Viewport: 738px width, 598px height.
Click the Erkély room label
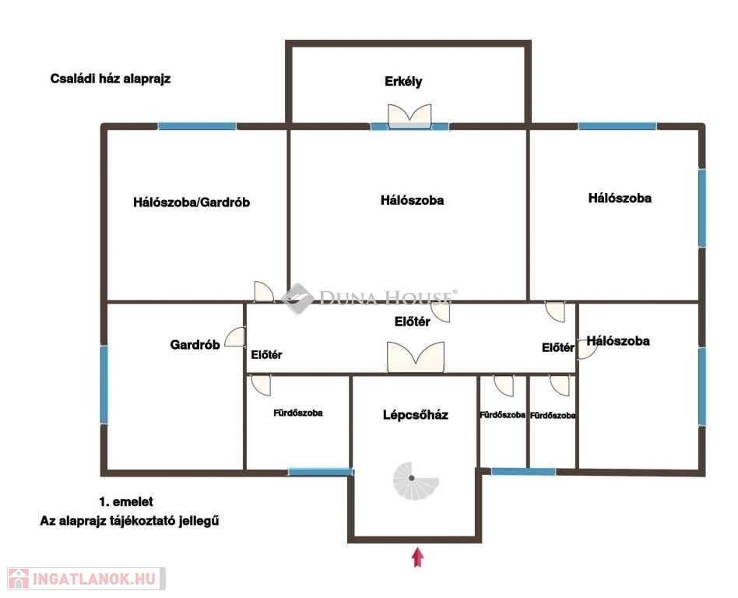[x=403, y=82]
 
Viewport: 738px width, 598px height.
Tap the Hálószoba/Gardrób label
[x=191, y=202]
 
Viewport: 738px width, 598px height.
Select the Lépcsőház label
[x=415, y=415]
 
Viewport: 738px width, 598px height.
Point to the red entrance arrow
[x=417, y=557]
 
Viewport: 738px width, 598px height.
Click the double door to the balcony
[x=409, y=116]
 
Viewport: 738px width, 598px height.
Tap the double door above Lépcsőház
[x=416, y=357]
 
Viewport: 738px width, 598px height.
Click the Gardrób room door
[x=235, y=337]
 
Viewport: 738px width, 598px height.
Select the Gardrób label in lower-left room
[x=195, y=345]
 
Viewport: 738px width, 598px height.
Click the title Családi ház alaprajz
[x=110, y=79]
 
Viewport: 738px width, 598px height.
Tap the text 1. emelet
[x=125, y=501]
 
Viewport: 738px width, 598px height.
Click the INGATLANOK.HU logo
[x=86, y=579]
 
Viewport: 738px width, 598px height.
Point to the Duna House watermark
[x=370, y=298]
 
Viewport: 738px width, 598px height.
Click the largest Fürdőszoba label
[x=298, y=413]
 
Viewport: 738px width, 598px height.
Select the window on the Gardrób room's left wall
[x=104, y=385]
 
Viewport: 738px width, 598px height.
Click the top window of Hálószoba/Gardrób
[x=197, y=126]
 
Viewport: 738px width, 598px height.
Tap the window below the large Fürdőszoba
[x=320, y=471]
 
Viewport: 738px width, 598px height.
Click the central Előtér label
[x=413, y=322]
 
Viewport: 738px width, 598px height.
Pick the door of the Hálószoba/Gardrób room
[x=264, y=291]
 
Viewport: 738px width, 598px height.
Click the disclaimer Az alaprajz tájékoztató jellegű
[x=129, y=521]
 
